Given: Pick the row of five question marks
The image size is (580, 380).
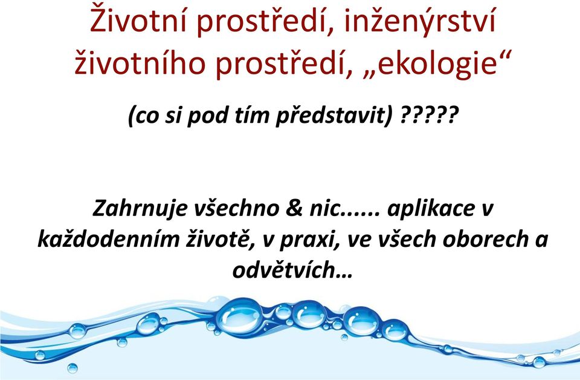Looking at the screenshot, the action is tap(429, 115).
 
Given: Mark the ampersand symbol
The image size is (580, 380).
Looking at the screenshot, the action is tap(294, 208).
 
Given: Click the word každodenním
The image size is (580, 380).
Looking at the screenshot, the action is tap(108, 239).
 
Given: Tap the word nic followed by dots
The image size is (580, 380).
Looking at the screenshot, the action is tap(342, 208).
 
